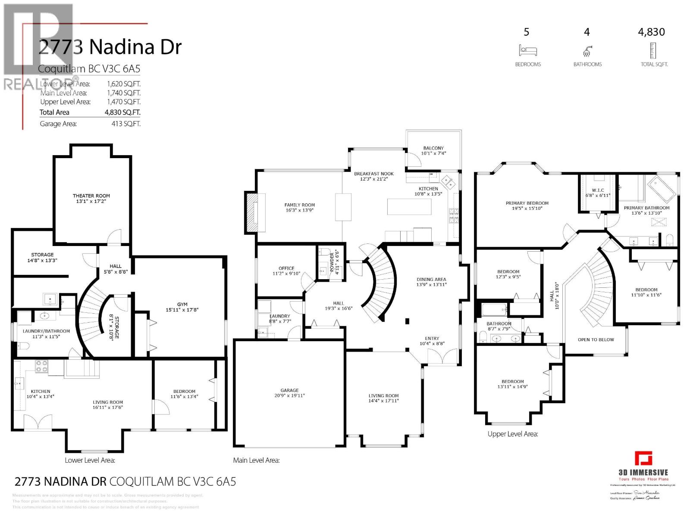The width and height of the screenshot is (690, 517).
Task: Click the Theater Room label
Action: pyautogui.click(x=91, y=196)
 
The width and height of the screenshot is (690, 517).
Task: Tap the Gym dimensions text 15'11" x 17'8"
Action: pyautogui.click(x=182, y=310)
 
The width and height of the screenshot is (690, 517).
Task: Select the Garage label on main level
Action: pyautogui.click(x=289, y=390)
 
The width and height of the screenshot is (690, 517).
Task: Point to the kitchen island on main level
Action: pyautogui.click(x=409, y=206)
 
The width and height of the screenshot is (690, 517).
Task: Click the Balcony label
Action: pyautogui.click(x=433, y=148)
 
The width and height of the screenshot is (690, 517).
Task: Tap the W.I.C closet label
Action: pyautogui.click(x=598, y=190)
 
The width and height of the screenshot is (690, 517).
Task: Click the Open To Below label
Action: pyautogui.click(x=596, y=339)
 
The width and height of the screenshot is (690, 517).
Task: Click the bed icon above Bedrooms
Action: pyautogui.click(x=528, y=51)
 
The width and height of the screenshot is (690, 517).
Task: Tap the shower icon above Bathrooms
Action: pyautogui.click(x=587, y=51)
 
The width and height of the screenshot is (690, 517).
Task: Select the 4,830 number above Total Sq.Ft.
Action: pyautogui.click(x=651, y=32)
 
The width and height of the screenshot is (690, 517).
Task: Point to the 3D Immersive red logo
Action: pyautogui.click(x=643, y=458)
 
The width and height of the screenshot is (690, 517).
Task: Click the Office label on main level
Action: pyautogui.click(x=286, y=268)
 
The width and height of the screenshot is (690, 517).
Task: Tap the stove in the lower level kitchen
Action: pyautogui.click(x=41, y=366)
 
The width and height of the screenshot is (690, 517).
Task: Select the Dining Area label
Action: pyautogui.click(x=431, y=279)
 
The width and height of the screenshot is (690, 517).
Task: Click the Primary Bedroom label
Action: pyautogui.click(x=527, y=203)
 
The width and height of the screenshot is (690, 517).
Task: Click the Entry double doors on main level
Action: pyautogui.click(x=442, y=357)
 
